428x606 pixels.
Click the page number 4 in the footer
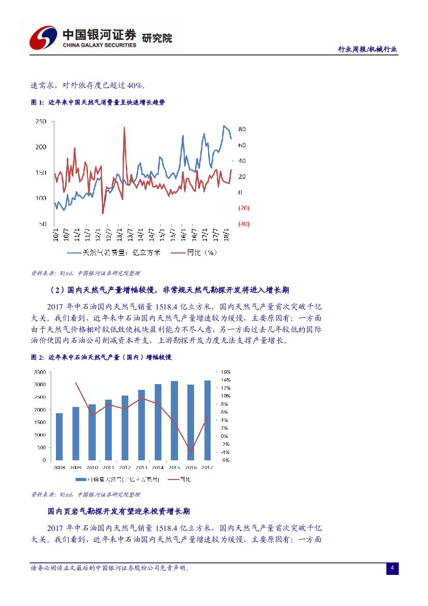tap(392, 569)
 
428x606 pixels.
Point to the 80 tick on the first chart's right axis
tap(242, 129)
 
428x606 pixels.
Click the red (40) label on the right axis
tap(244, 224)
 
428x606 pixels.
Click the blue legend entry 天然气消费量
tap(114, 252)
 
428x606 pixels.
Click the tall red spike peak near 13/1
tap(124, 128)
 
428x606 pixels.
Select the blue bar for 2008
tap(60, 436)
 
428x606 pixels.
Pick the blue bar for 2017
tap(208, 420)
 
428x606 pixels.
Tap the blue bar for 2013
tap(142, 425)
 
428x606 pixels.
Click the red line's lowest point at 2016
tap(191, 452)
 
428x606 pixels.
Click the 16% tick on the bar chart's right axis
tap(226, 372)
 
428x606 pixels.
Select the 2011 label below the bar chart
tap(109, 467)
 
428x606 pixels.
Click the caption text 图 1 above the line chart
tap(37, 103)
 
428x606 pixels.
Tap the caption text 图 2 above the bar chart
tap(37, 358)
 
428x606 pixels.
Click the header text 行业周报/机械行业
tap(367, 49)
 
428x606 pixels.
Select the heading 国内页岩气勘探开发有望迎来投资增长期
tap(119, 512)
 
